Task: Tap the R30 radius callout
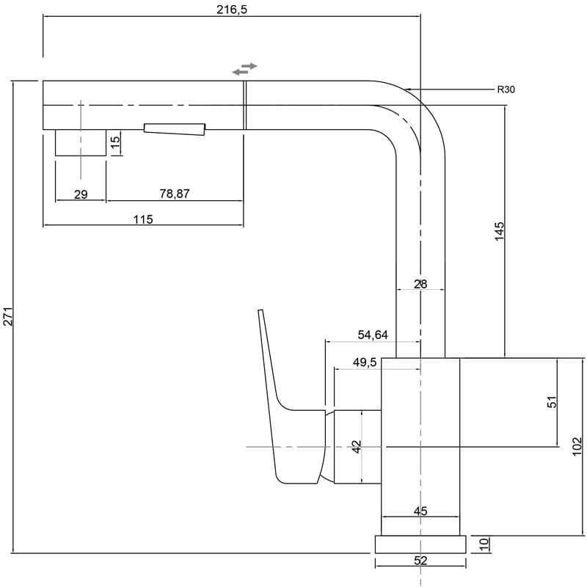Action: pos(506,90)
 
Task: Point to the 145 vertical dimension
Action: pos(500,230)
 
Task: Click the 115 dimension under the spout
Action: pos(143,219)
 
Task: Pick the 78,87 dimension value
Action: pos(174,194)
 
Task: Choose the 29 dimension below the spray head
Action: pos(81,194)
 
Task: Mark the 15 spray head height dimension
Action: pos(115,142)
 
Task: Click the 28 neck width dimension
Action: pos(420,284)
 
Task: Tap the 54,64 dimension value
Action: pos(373,335)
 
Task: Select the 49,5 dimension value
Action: pos(364,362)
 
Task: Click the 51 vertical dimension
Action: pos(553,401)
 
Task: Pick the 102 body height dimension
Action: pos(576,445)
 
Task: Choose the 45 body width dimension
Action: pos(420,511)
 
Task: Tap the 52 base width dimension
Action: pos(420,561)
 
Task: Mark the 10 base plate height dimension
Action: pos(484,544)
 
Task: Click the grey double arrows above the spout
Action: pos(244,69)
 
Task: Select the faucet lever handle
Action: pos(282,411)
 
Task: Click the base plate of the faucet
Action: pos(420,544)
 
